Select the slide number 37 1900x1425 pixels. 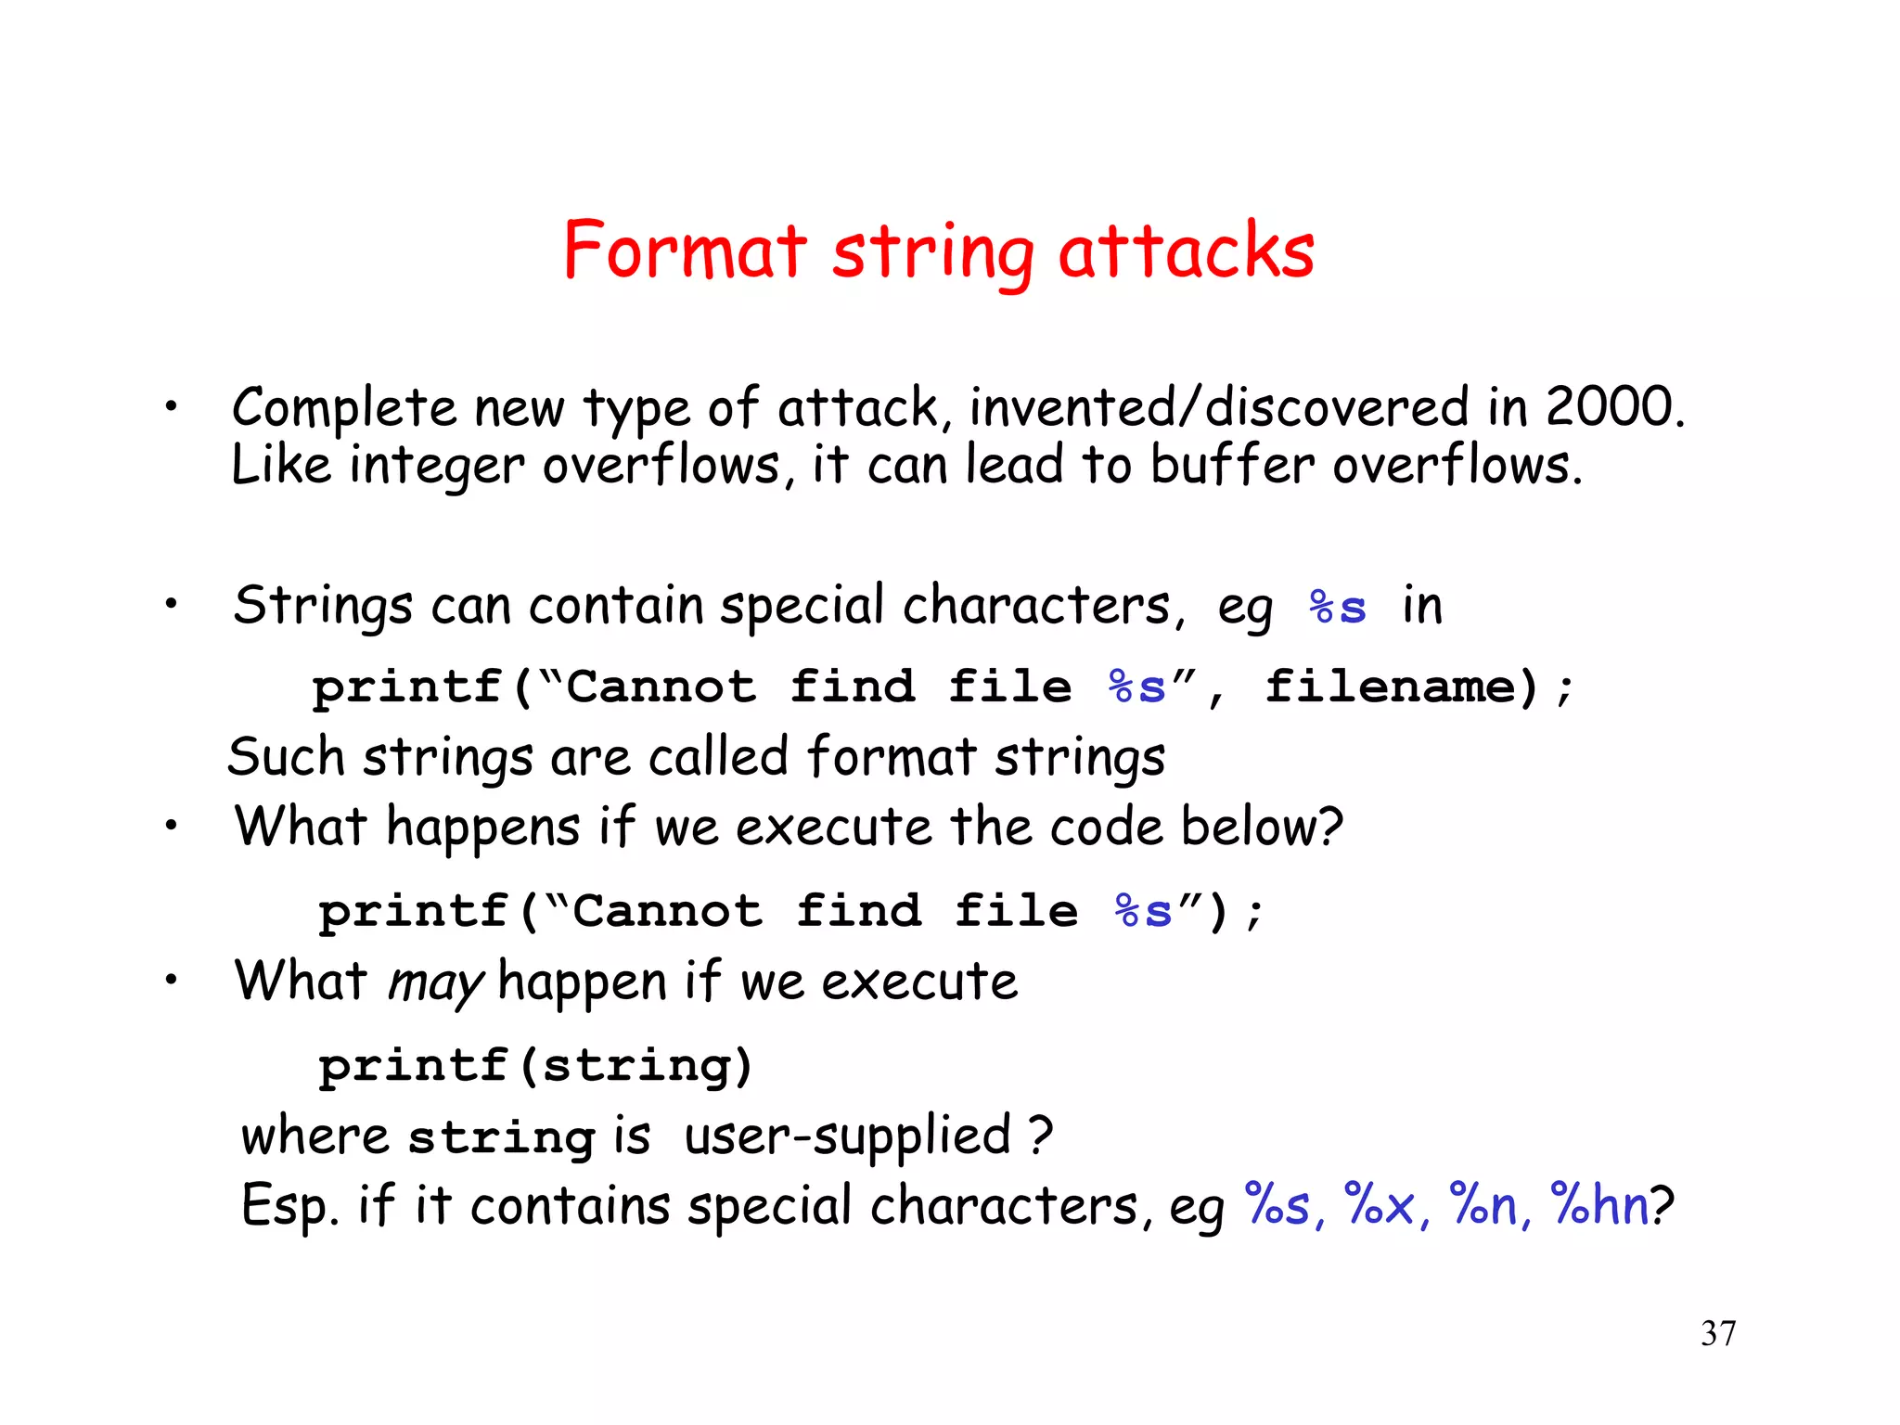(x=1718, y=1333)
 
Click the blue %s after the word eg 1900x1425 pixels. (x=1337, y=608)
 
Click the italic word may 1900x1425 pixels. (x=434, y=982)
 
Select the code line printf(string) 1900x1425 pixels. (x=535, y=1065)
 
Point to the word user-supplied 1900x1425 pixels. (x=846, y=1136)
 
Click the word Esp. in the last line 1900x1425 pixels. (x=289, y=1206)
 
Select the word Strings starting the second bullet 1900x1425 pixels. (x=322, y=607)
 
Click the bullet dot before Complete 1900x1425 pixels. (x=171, y=406)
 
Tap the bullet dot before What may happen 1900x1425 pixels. (x=171, y=980)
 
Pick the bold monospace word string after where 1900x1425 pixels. (x=501, y=1136)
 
